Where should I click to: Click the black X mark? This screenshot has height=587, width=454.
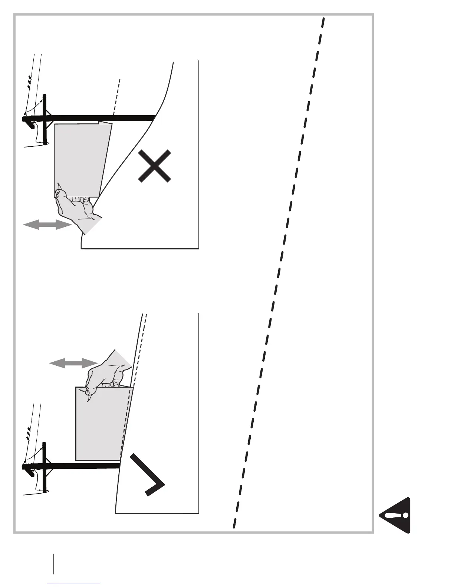coord(155,166)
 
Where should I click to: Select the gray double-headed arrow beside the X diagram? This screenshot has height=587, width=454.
coord(47,224)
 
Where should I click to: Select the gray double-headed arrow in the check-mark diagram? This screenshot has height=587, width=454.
coord(73,363)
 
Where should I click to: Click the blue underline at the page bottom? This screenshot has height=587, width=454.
coord(74,584)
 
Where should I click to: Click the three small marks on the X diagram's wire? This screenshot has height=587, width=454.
coord(29,83)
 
